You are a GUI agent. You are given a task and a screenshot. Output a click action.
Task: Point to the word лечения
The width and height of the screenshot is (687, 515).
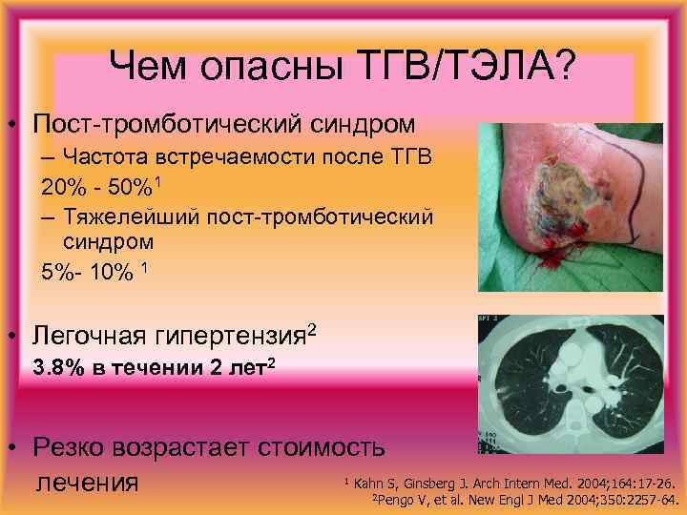coord(87,482)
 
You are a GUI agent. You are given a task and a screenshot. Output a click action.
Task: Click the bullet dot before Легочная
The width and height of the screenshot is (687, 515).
coord(13,337)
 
